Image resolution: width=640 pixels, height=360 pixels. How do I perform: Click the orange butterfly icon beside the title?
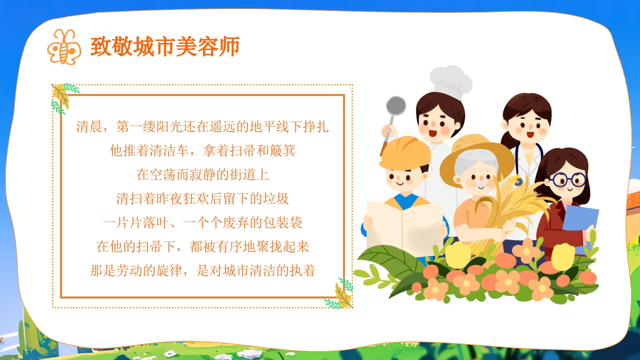(63, 46)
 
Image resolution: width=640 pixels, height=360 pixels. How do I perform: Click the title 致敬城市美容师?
(165, 46)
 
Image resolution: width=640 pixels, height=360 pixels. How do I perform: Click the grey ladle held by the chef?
(395, 106)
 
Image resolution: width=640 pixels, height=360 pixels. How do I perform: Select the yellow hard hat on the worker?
(404, 152)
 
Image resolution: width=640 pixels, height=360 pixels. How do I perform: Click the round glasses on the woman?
(569, 180)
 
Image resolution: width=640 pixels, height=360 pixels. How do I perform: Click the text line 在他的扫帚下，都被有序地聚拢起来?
(202, 246)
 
